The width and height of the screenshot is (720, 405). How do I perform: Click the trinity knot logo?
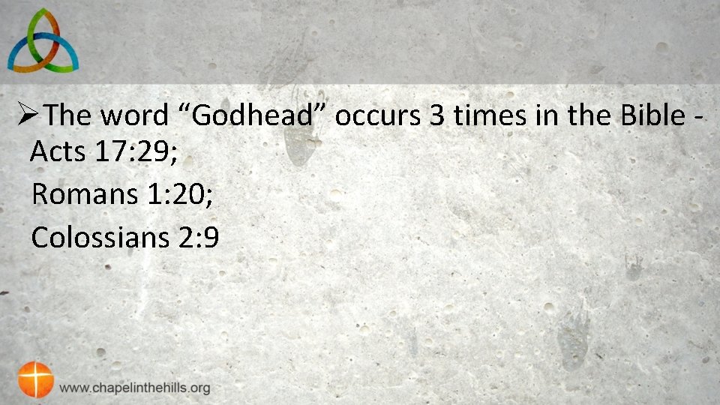42,40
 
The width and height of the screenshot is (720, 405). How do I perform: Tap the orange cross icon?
36,379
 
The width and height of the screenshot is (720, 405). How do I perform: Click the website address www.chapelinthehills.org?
135,388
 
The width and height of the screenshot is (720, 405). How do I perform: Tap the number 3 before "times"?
435,115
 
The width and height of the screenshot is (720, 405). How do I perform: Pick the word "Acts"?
58,152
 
